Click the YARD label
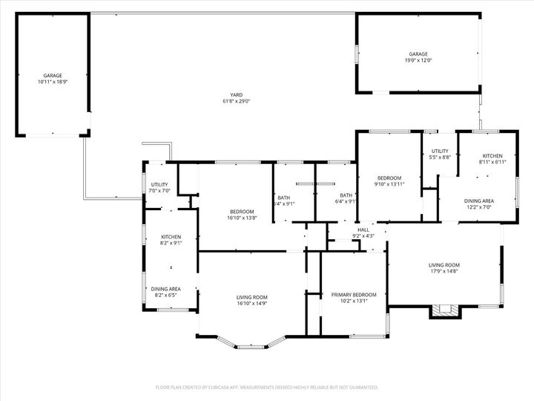click(236, 94)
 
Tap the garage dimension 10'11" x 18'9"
click(52, 82)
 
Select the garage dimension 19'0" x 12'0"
click(418, 60)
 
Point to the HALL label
click(363, 230)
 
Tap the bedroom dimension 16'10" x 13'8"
click(241, 218)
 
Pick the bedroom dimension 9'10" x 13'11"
click(389, 184)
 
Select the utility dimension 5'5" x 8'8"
click(441, 157)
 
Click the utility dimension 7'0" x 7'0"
click(160, 191)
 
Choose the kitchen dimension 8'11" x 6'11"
click(492, 162)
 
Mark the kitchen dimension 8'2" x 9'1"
click(171, 243)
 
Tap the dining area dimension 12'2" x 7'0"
click(479, 207)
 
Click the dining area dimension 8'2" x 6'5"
click(165, 296)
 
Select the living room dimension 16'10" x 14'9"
click(251, 303)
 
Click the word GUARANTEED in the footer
click(360, 387)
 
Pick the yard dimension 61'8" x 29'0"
click(236, 101)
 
